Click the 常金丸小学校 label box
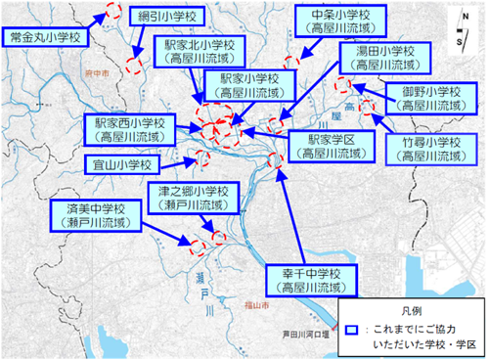pyautogui.click(x=43, y=37)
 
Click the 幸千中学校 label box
pyautogui.click(x=307, y=280)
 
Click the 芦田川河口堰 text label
pyautogui.click(x=305, y=330)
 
